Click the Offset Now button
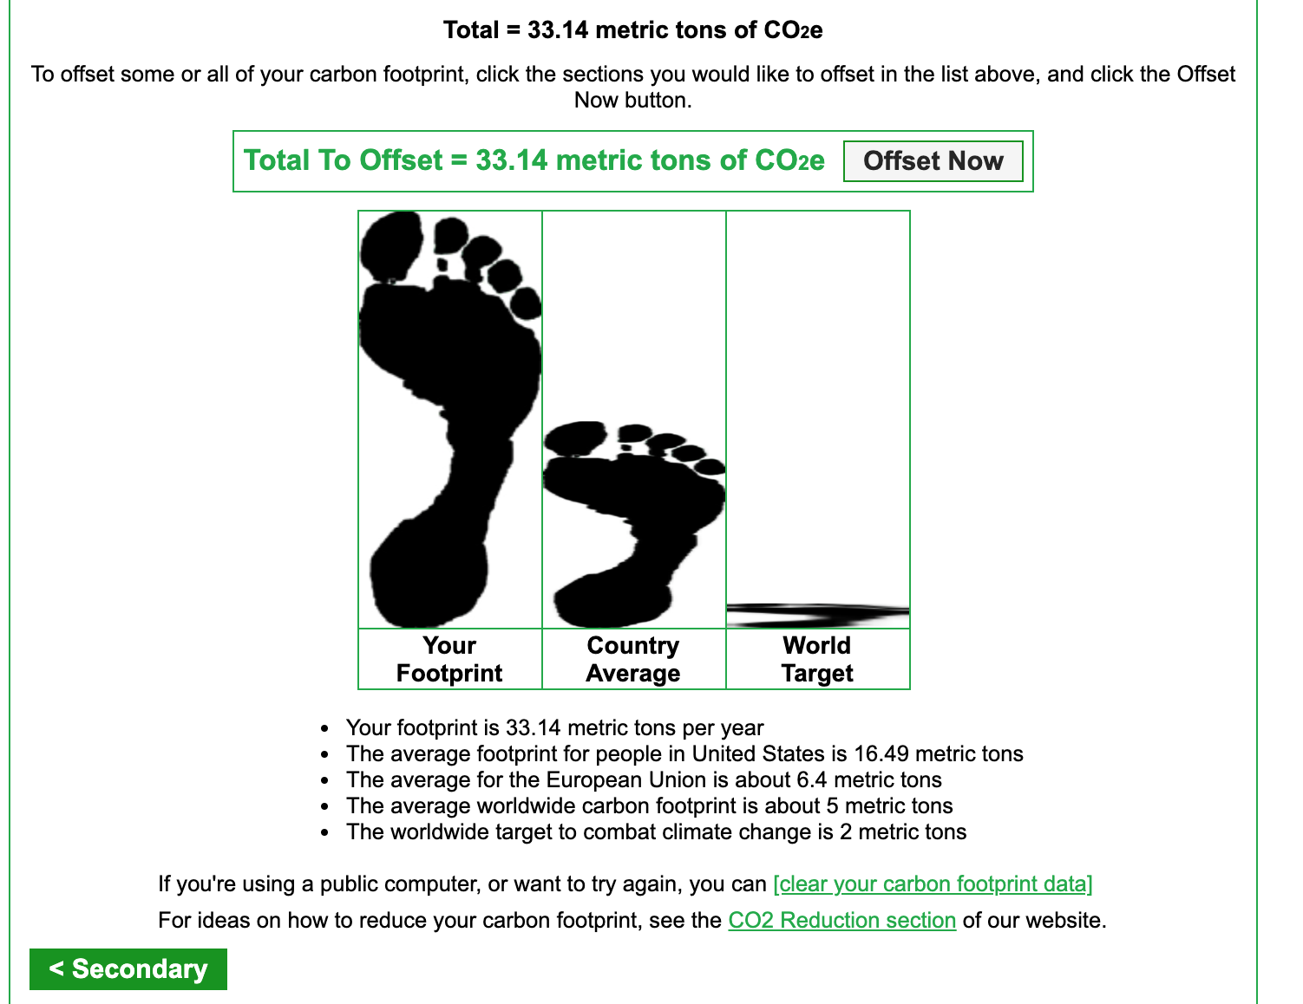[x=933, y=161]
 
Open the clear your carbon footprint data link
[x=933, y=883]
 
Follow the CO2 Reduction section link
[x=841, y=920]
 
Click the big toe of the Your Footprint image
[x=391, y=246]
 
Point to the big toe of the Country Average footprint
[x=574, y=439]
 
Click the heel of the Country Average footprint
[x=612, y=599]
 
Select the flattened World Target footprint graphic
[x=817, y=616]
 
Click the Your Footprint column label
[x=449, y=659]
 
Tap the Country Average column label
[x=633, y=659]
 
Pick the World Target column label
[x=816, y=659]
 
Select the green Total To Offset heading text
[x=534, y=160]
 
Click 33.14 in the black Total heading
[x=558, y=30]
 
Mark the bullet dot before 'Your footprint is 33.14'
[x=324, y=729]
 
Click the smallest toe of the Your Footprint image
[x=527, y=303]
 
